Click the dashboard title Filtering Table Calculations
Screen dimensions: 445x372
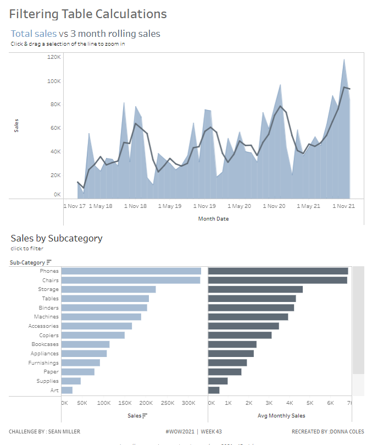[x=88, y=14]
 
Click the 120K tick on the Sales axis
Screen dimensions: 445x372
[x=54, y=57]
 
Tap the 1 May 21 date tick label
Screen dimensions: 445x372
[x=308, y=206]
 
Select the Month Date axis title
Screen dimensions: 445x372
[x=213, y=218]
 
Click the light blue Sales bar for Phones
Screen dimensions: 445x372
[x=131, y=271]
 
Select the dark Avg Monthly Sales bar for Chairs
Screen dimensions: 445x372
[x=277, y=281]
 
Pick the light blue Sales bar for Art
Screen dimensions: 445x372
[x=67, y=390]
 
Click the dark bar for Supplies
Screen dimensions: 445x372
[x=218, y=381]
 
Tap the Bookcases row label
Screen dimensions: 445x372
[x=45, y=344]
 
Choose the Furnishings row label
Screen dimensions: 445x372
[x=43, y=362]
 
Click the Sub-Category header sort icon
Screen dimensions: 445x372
[x=49, y=262]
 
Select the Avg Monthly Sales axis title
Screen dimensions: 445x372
[x=281, y=416]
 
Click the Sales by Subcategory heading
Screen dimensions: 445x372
[x=56, y=238]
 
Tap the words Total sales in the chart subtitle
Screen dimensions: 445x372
[x=34, y=34]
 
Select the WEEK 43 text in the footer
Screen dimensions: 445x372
[x=211, y=432]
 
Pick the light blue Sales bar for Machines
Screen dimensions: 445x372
[x=101, y=317]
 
